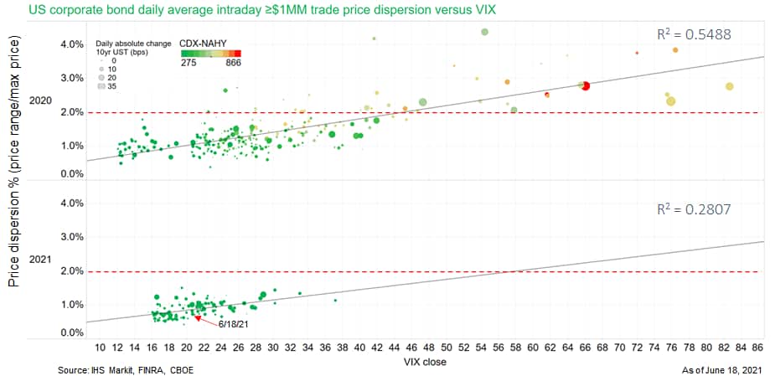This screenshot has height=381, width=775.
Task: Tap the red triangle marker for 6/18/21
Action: point(198,318)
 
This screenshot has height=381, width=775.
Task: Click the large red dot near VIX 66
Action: point(586,86)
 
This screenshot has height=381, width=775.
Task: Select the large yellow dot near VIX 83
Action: point(730,86)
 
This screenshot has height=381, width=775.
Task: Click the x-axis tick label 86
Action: point(757,348)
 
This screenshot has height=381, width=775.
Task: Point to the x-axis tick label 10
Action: point(101,348)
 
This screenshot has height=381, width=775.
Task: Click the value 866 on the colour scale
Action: point(234,62)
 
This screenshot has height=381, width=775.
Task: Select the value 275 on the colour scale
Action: point(189,62)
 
